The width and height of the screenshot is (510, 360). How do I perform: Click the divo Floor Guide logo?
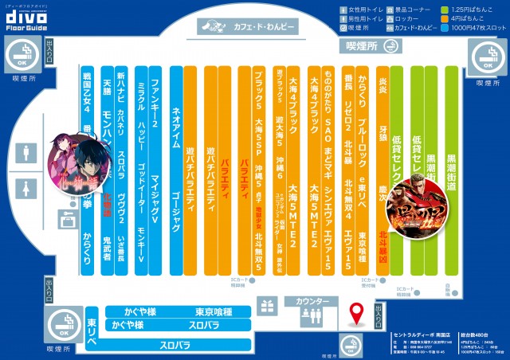tap(31, 18)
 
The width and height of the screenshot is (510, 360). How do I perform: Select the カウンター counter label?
tap(312, 303)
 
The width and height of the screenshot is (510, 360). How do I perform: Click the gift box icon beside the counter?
tap(269, 305)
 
